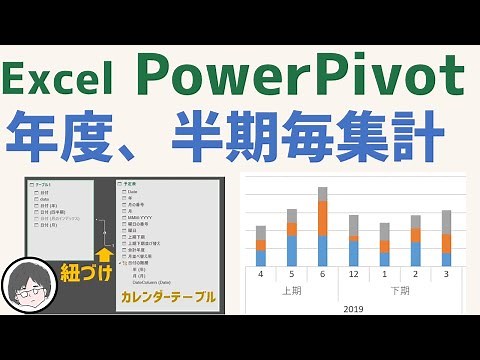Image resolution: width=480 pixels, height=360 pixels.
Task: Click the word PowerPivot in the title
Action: [x=300, y=75]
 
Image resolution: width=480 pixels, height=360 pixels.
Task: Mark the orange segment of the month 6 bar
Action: [x=322, y=218]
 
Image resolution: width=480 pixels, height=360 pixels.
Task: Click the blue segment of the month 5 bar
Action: [x=292, y=250]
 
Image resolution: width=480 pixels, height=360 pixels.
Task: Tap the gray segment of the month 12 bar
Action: [x=353, y=224]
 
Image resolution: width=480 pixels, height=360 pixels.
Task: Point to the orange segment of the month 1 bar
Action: [x=384, y=246]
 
